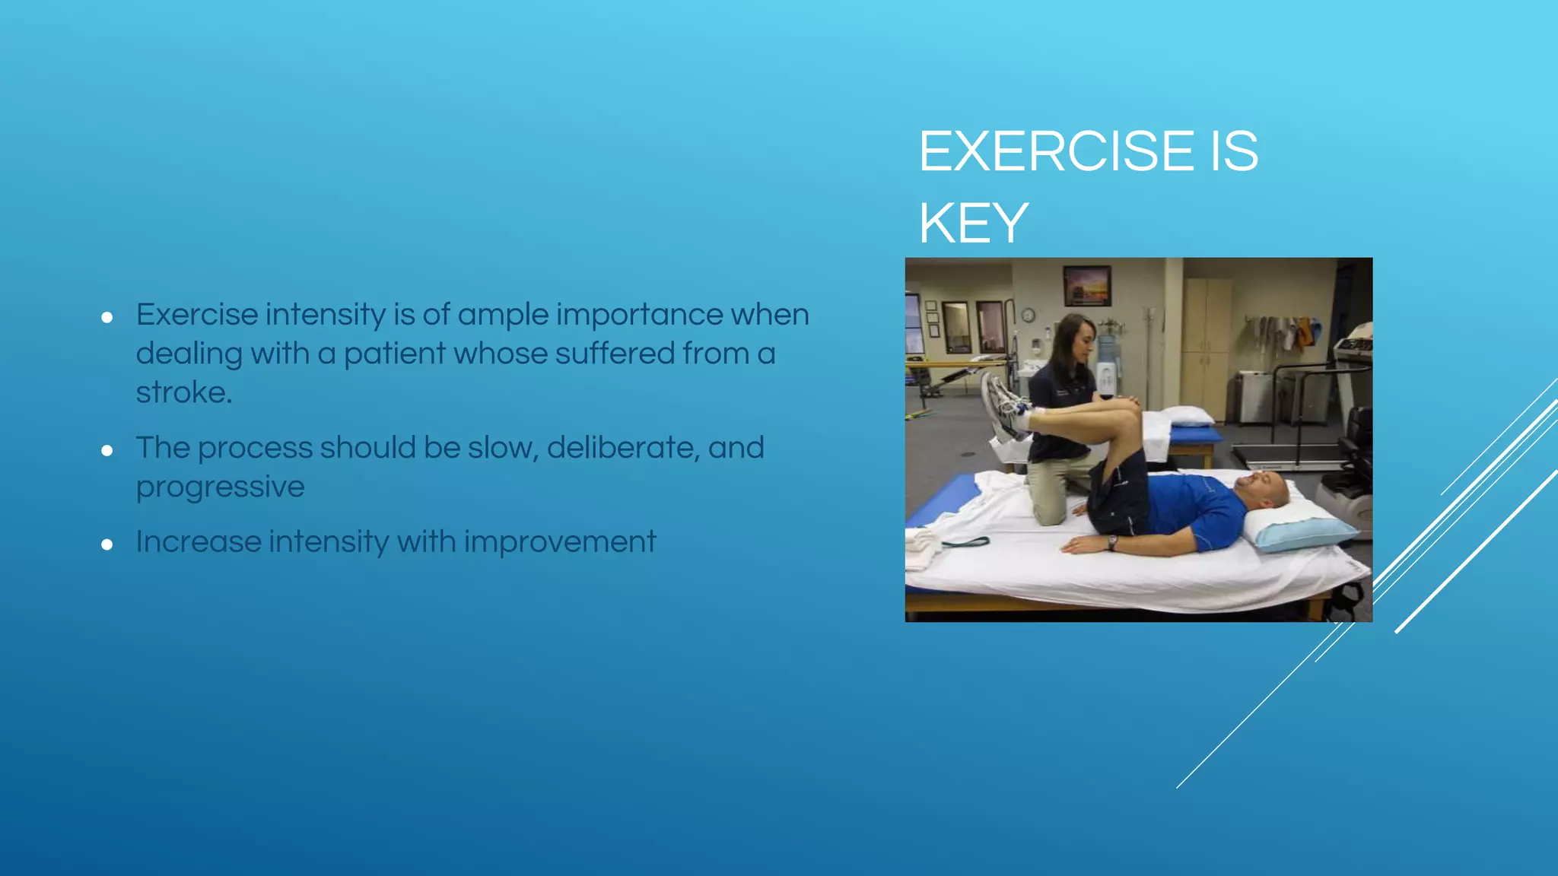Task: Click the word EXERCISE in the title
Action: tap(1057, 151)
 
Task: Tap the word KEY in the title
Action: tap(973, 223)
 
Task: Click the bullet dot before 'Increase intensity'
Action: tap(107, 544)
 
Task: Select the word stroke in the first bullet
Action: tap(183, 392)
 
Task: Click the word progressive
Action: tap(220, 487)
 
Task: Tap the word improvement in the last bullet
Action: tap(559, 542)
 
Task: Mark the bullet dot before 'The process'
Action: tap(107, 451)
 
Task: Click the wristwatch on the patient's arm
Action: tap(1112, 542)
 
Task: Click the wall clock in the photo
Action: tap(1028, 316)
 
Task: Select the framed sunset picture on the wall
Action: tap(1086, 284)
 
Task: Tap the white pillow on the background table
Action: tap(1190, 415)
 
